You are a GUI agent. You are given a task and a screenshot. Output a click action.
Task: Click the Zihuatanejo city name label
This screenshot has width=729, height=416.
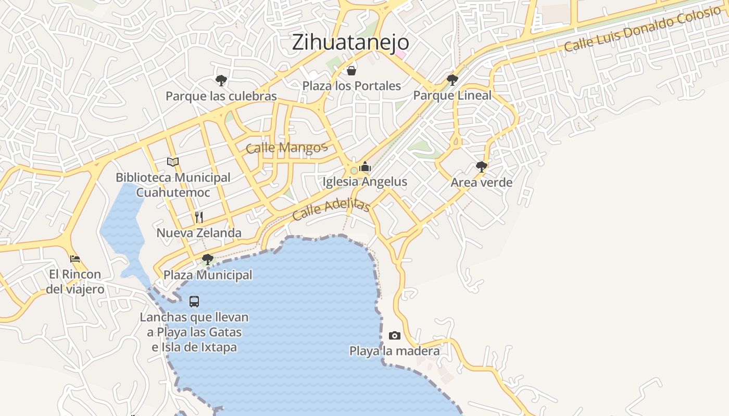[350, 42]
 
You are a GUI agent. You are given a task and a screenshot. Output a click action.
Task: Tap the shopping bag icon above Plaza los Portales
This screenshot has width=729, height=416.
[351, 71]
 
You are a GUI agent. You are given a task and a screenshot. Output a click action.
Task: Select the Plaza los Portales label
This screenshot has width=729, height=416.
[351, 86]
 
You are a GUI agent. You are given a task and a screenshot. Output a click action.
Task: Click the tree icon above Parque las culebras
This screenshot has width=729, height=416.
[221, 81]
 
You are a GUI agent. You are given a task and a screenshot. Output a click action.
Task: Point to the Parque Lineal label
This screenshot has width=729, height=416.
[452, 96]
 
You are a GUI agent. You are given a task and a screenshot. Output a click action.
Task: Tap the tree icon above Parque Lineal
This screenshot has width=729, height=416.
[452, 80]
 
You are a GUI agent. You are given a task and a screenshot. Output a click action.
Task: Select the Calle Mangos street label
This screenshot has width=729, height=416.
[286, 148]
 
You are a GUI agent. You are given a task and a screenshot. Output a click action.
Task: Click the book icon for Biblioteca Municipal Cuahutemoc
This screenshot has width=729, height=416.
[173, 162]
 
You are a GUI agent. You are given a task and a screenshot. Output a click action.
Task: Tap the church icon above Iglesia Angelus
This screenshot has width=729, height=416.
[364, 166]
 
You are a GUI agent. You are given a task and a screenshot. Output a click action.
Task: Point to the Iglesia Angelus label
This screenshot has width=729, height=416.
[364, 182]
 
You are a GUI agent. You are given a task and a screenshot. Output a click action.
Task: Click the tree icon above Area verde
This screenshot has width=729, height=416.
[482, 167]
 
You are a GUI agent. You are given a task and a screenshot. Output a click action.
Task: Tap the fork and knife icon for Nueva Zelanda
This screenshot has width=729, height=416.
[199, 217]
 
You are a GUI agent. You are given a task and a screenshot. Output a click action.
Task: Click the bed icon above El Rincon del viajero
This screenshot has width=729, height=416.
[75, 258]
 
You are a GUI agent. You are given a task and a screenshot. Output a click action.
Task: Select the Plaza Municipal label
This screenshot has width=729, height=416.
[208, 275]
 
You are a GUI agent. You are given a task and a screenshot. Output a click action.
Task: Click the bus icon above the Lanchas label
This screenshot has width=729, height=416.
[194, 302]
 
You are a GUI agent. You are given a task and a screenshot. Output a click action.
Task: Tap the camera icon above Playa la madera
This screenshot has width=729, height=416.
[395, 336]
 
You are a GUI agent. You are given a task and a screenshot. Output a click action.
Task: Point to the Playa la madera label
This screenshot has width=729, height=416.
[394, 351]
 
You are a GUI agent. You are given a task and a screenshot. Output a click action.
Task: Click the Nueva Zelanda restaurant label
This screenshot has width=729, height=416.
[199, 233]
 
